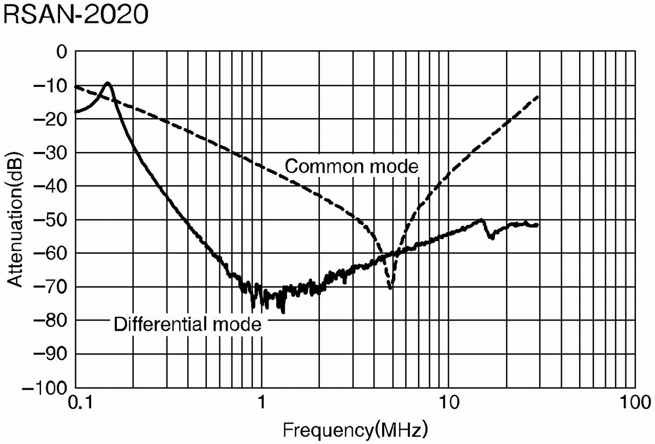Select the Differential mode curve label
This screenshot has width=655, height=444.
coord(187,324)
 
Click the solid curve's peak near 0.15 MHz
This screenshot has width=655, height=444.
coord(108,83)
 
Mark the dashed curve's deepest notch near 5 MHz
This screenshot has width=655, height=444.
coord(390,288)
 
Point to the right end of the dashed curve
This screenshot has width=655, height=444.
coord(538,96)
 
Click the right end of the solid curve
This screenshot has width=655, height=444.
coord(538,225)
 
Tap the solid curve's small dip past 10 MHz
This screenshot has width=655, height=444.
coord(492,237)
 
